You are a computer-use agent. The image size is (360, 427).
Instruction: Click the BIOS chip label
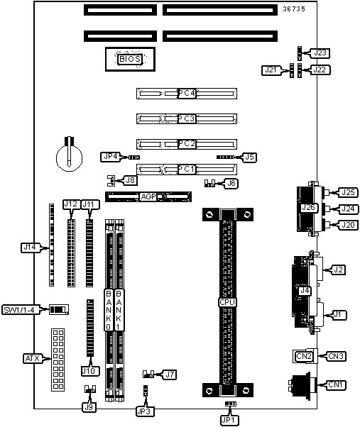[x=130, y=59]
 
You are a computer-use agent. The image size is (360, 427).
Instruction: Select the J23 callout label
[x=320, y=52]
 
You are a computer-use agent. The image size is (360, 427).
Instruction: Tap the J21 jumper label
[x=271, y=70]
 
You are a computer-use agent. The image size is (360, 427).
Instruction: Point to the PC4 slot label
[x=187, y=94]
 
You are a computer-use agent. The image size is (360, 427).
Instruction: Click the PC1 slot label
[x=187, y=170]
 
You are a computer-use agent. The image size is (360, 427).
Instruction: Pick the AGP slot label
[x=148, y=196]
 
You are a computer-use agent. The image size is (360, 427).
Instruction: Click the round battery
[x=69, y=157]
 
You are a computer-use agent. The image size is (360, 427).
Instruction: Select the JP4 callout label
[x=111, y=157]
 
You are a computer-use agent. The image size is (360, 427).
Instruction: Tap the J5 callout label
[x=249, y=157]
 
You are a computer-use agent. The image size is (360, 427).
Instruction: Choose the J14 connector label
[x=30, y=248]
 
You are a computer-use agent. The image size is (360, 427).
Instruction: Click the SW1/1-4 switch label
[x=21, y=310]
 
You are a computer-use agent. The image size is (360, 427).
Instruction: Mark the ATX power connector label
[x=32, y=358]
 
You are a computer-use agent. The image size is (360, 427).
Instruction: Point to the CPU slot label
[x=227, y=302]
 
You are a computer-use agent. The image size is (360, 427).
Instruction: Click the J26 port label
[x=308, y=208]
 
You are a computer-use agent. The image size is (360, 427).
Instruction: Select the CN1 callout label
[x=336, y=384]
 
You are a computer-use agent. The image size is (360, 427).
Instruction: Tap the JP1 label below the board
[x=229, y=420]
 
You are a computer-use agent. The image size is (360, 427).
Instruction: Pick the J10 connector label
[x=90, y=371]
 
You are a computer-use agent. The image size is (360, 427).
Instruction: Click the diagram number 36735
[x=294, y=9]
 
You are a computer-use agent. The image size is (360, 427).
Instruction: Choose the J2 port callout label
[x=338, y=270]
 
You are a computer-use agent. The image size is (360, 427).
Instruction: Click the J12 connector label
[x=72, y=204]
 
